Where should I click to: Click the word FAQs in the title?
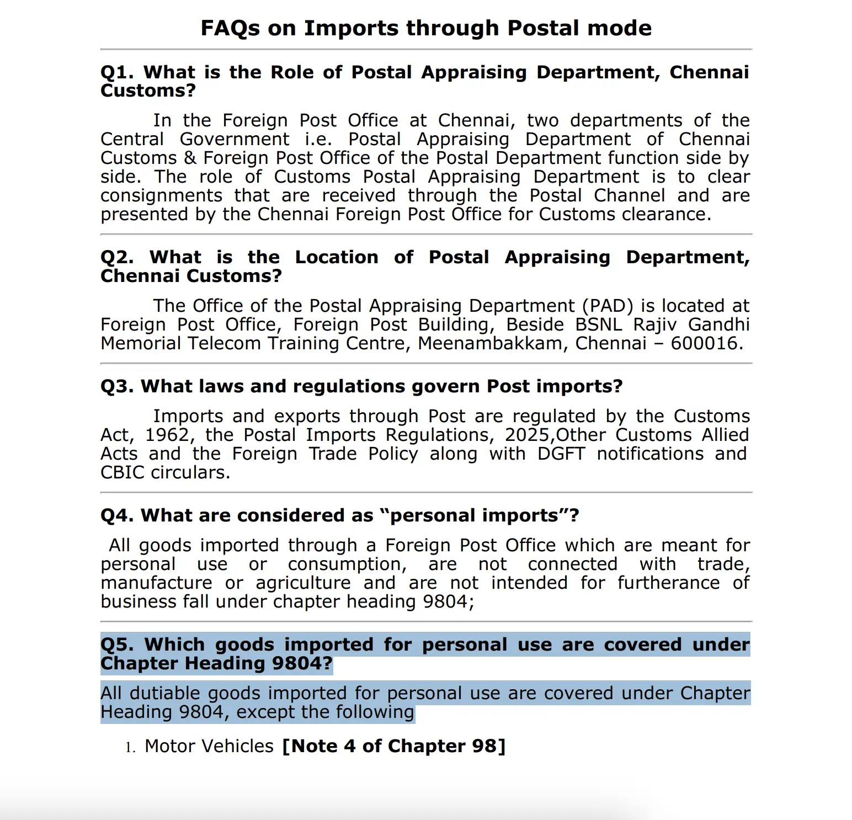coord(230,28)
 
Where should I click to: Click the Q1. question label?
coord(117,72)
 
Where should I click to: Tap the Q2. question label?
coord(117,258)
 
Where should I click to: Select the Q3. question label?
coord(117,386)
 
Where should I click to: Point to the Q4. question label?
coord(117,515)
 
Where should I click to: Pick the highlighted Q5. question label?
coord(117,645)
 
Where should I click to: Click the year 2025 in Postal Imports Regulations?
coord(527,435)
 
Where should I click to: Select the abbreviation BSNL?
coord(598,324)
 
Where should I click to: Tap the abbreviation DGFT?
coord(561,454)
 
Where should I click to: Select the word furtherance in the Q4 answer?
coord(668,583)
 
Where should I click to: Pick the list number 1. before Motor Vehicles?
coord(130,748)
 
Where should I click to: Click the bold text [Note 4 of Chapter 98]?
coord(393,746)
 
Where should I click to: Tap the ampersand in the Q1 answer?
coord(190,158)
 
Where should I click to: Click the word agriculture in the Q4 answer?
coord(303,583)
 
